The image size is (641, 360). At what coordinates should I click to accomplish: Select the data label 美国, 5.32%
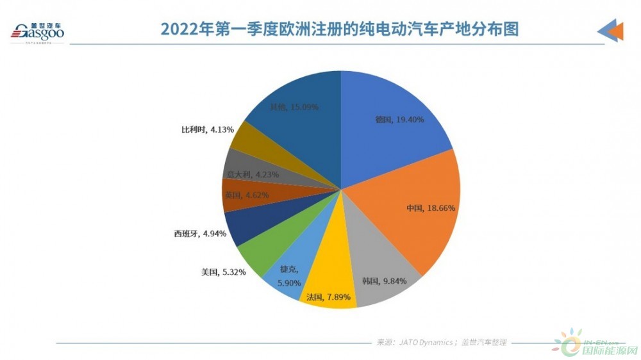pyautogui.click(x=222, y=272)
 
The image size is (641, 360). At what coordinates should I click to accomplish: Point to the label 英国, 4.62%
pyautogui.click(x=247, y=195)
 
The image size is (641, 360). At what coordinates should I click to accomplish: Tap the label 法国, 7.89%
pyautogui.click(x=328, y=297)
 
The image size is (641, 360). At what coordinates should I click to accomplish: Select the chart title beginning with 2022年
pyautogui.click(x=339, y=29)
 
